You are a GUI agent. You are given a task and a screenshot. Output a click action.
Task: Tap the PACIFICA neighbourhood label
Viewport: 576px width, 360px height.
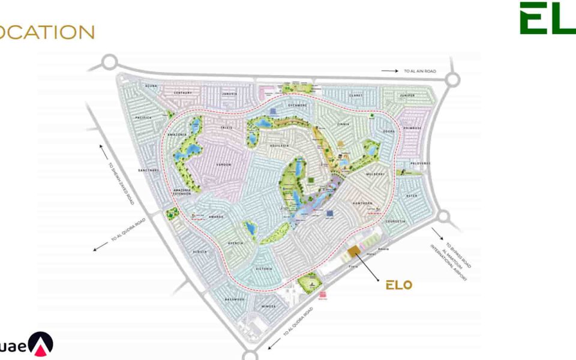point(144,118)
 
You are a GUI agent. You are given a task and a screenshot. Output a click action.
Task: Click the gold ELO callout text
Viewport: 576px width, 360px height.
point(398,284)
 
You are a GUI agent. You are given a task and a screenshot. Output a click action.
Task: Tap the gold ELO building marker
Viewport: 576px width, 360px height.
point(353,251)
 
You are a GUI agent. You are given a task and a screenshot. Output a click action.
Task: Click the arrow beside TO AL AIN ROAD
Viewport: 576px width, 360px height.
point(389,71)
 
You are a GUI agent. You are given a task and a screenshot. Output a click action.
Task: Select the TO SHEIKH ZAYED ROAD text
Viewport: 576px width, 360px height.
point(121,184)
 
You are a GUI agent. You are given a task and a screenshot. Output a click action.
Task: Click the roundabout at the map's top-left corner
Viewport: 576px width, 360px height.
point(109,61)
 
